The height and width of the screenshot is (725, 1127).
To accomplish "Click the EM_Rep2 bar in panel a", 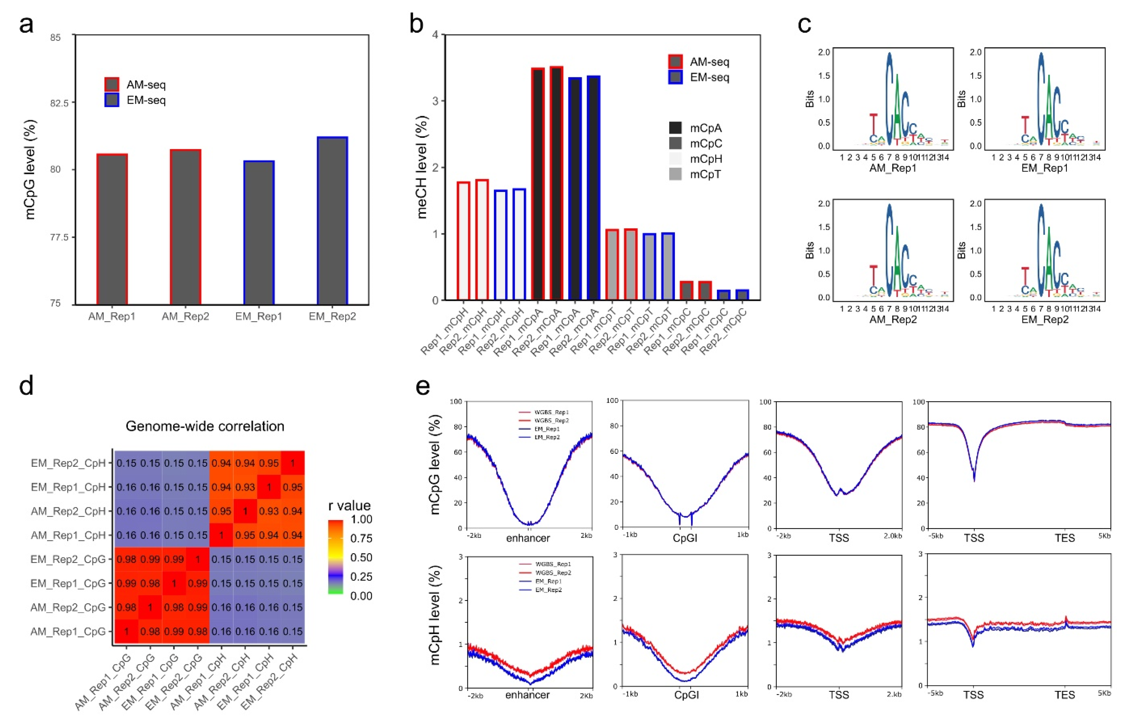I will tap(332, 221).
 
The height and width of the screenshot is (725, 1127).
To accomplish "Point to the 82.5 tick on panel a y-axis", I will tap(59, 103).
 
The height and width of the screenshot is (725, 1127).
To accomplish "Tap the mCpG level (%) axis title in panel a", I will tap(30, 169).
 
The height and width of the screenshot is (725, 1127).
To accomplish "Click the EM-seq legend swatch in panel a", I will tap(112, 100).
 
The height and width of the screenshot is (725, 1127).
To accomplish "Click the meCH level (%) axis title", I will tap(422, 167).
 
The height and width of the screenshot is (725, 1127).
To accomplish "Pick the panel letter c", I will tap(804, 23).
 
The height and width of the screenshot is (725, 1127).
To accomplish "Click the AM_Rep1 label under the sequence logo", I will tap(893, 168).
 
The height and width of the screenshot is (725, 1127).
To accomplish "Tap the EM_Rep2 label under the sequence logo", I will tap(1045, 320).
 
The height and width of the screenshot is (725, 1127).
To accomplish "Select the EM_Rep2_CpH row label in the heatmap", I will tap(68, 463).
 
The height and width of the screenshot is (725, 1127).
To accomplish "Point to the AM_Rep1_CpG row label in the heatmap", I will tap(68, 631).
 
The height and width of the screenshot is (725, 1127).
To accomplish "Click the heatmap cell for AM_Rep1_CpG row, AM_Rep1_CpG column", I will tap(126, 631).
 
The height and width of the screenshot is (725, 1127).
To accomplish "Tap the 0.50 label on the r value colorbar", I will tap(361, 557).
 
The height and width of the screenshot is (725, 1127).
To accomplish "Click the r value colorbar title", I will tap(349, 506).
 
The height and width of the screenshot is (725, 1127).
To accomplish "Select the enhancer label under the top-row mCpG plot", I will tap(527, 538).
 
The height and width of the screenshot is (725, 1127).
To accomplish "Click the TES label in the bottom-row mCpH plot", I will tap(1065, 695).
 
